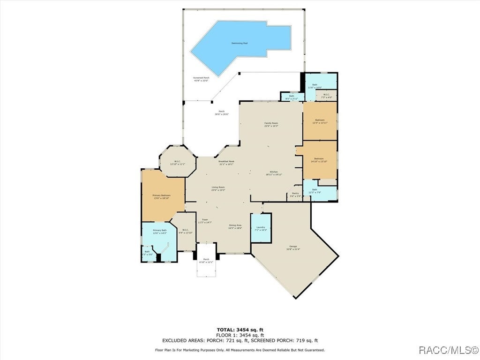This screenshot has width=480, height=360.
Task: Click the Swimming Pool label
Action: pyautogui.click(x=239, y=43)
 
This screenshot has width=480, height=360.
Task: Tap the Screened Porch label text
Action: pyautogui.click(x=201, y=79)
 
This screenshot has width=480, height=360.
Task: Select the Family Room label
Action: pyautogui.click(x=271, y=124)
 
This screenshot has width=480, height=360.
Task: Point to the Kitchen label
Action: pyautogui.click(x=274, y=173)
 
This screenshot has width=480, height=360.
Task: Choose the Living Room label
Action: pyautogui.click(x=218, y=188)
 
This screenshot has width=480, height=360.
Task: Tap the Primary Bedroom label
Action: pyautogui.click(x=161, y=196)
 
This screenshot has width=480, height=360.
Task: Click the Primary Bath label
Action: pyautogui.click(x=159, y=232)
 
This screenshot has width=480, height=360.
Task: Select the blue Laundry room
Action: pyautogui.click(x=261, y=228)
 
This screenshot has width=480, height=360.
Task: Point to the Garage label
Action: pyautogui.click(x=293, y=248)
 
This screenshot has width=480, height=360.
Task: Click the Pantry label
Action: pyautogui.click(x=295, y=194)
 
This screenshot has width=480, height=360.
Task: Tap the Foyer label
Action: pyautogui.click(x=205, y=221)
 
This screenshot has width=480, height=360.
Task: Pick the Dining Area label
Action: pyautogui.click(x=235, y=227)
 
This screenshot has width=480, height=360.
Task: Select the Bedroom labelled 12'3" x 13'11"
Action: pyautogui.click(x=320, y=121)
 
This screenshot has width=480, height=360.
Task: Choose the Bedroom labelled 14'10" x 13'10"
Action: pyautogui.click(x=319, y=160)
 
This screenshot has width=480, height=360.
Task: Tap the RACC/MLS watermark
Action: pyautogui.click(x=448, y=350)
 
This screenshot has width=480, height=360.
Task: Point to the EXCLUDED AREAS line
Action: pyautogui.click(x=240, y=340)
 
